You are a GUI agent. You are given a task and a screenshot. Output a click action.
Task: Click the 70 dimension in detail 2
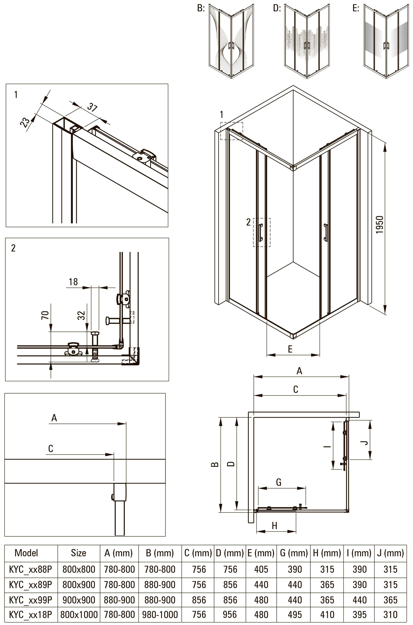click(45, 315)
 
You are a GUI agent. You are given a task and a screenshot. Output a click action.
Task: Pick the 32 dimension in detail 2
click(82, 315)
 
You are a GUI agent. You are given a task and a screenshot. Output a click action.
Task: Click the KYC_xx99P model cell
click(31, 600)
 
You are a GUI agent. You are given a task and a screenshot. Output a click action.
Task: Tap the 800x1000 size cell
click(79, 614)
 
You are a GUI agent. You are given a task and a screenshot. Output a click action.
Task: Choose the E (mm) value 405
click(261, 569)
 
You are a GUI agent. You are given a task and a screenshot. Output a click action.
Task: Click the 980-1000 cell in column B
click(160, 614)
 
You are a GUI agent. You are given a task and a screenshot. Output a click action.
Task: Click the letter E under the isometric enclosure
click(290, 349)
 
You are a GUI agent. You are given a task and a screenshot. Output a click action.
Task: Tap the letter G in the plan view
click(279, 482)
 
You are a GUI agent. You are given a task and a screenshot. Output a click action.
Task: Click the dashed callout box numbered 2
click(261, 232)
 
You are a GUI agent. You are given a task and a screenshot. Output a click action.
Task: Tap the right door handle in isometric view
click(326, 232)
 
